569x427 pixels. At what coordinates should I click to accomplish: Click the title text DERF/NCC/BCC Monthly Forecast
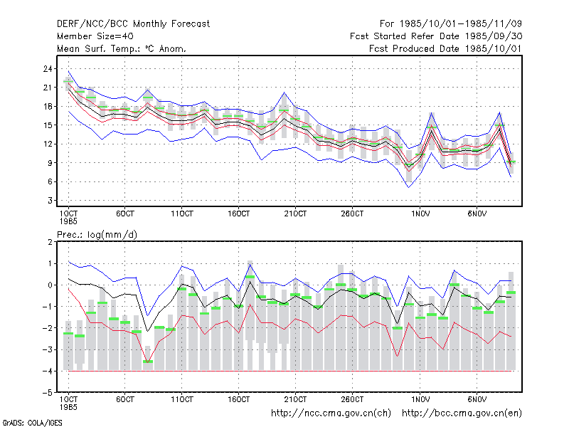click(x=133, y=24)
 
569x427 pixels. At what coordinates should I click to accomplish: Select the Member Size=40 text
click(x=95, y=36)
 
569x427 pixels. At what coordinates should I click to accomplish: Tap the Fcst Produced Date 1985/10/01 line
click(x=445, y=48)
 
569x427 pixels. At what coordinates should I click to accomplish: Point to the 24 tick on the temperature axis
click(x=48, y=68)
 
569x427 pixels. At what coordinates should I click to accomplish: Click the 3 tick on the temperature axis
click(x=50, y=201)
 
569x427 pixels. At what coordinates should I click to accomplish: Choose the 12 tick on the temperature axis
click(x=48, y=144)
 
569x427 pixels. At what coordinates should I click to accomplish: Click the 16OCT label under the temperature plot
click(x=238, y=213)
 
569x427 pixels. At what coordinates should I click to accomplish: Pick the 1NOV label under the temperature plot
click(x=420, y=213)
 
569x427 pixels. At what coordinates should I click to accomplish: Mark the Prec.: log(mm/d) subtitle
click(x=97, y=235)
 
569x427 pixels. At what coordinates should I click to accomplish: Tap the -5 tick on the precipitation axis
click(x=47, y=393)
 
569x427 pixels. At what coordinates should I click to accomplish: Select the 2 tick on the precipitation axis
click(x=50, y=242)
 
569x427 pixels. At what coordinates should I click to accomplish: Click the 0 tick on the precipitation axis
click(x=50, y=285)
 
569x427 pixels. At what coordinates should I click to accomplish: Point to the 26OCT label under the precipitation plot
click(x=352, y=399)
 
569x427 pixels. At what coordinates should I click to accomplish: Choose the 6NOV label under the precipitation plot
click(x=477, y=399)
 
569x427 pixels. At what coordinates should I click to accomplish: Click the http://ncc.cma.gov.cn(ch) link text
click(x=331, y=413)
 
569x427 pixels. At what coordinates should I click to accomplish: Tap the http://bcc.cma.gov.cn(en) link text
click(x=462, y=413)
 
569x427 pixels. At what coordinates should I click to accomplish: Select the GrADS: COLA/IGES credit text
click(x=32, y=423)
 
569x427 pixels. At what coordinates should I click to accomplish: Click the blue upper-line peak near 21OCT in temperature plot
click(x=284, y=93)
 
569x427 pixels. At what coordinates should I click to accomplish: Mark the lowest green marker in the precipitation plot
click(x=148, y=362)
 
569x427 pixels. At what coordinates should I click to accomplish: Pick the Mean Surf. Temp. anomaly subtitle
click(x=122, y=48)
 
